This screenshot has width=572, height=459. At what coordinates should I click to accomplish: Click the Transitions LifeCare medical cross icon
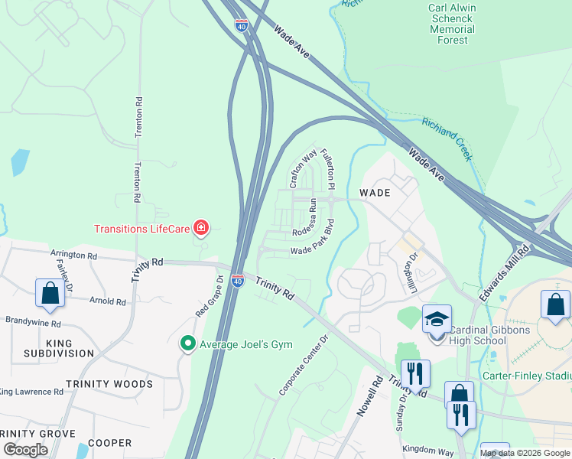coord(201,227)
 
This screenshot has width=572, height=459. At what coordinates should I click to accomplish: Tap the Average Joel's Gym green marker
coord(187,343)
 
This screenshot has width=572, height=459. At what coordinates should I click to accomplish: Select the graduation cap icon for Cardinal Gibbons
coord(437,318)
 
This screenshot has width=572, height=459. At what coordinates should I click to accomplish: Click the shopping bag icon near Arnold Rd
coord(50,293)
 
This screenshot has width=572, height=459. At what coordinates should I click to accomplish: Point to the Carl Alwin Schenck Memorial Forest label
coord(451,24)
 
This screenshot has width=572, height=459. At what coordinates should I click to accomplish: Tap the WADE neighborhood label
coord(375,193)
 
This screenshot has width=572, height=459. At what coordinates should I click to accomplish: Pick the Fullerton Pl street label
coord(327,169)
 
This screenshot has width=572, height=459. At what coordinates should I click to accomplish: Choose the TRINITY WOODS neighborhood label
coord(109,384)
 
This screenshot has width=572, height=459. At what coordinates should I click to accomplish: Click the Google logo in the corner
coord(26,450)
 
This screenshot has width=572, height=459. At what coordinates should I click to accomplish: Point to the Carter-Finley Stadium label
coord(528,376)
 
